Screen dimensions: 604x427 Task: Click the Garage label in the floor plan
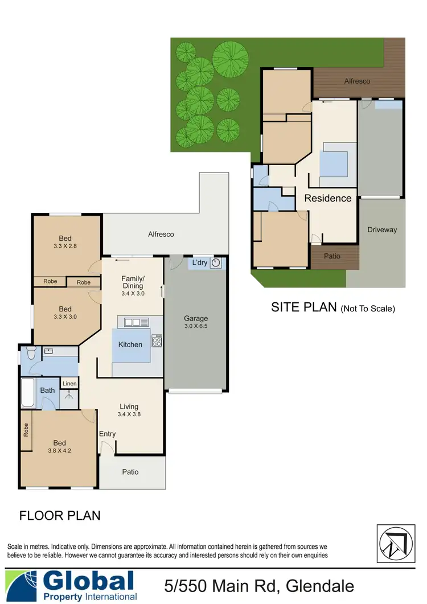pos(195,319)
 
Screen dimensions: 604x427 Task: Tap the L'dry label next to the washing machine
pos(199,262)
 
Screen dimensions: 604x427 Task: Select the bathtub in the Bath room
pos(28,392)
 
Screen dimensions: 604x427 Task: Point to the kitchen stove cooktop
pos(158,342)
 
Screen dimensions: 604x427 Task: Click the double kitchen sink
pos(132,322)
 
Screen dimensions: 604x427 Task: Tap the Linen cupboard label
pos(69,384)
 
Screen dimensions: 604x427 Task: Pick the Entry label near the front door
pos(107,434)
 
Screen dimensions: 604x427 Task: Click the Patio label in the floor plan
pos(130,472)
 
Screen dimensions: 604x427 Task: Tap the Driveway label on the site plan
pos(381,230)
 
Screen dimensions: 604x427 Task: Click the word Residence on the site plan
pos(328,198)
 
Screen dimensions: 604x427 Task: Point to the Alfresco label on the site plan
pos(357,81)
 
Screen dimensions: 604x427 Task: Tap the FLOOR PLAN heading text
pos(60,516)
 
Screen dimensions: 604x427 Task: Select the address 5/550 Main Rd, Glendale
pos(258,586)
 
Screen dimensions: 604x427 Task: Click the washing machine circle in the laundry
pos(216,263)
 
